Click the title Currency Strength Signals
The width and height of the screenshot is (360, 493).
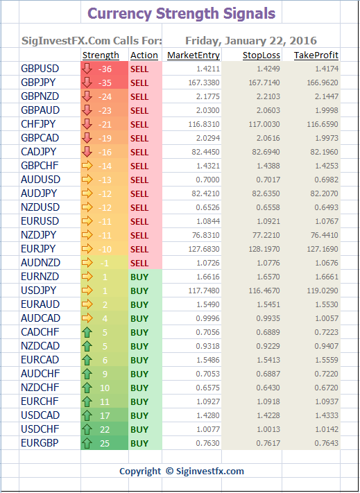click(182, 13)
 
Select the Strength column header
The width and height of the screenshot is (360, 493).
click(101, 55)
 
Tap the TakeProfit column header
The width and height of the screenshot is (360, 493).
click(316, 55)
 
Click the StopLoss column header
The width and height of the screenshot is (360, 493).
click(262, 55)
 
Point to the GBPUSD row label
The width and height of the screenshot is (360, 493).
click(40, 69)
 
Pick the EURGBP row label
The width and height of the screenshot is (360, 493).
click(40, 442)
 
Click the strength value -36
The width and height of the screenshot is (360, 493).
click(105, 69)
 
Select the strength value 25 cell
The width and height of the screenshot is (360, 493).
click(105, 443)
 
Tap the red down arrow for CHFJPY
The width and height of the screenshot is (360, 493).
click(87, 124)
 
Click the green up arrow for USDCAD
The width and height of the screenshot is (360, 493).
click(87, 415)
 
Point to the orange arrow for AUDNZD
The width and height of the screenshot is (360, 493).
click(87, 263)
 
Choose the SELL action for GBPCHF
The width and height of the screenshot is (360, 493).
click(139, 166)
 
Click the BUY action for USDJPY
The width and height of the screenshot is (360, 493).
click(139, 291)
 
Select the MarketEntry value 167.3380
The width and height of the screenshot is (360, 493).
click(204, 83)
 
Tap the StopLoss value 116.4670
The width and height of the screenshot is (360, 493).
click(264, 291)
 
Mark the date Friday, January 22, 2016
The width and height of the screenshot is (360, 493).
click(251, 40)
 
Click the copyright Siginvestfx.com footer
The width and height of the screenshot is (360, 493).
click(182, 471)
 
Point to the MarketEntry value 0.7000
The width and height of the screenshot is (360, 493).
click(208, 180)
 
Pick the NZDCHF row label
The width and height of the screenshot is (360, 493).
click(40, 388)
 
